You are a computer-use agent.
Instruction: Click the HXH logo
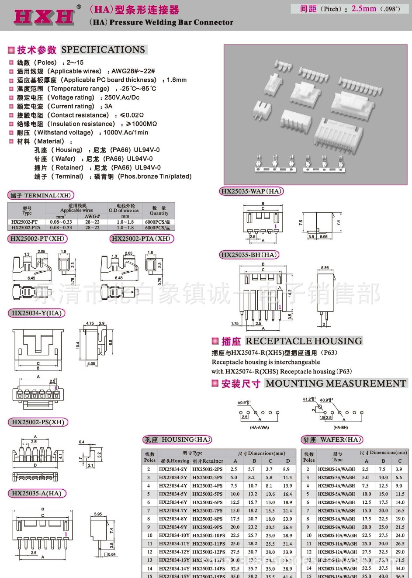coord(44,16)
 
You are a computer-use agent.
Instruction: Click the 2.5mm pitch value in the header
coord(364,9)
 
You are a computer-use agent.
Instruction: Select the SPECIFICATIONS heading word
coord(103,50)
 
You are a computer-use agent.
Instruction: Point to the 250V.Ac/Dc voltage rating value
coord(122,97)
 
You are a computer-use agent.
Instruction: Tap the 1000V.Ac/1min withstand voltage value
coord(126,132)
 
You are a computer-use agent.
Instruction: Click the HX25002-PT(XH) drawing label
coord(37,239)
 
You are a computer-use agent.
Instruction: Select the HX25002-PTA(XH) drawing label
coord(141,239)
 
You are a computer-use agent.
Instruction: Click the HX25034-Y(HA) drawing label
coord(37,313)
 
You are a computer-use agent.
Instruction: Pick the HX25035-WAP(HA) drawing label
coord(251,191)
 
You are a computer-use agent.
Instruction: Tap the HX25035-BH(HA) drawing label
coord(249,255)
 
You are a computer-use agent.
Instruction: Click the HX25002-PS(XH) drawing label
coord(38,422)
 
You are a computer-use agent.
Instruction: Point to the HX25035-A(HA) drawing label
coord(37,493)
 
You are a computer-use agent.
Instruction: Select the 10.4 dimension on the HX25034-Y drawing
coord(78,345)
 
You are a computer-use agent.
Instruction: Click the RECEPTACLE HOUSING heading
coord(304,341)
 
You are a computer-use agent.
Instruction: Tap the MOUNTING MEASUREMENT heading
coord(336,383)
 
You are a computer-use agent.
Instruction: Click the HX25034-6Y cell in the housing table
coord(173,502)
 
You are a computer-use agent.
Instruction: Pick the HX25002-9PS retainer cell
coord(208,527)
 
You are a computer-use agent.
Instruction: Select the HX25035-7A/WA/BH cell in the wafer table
coord(336,511)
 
